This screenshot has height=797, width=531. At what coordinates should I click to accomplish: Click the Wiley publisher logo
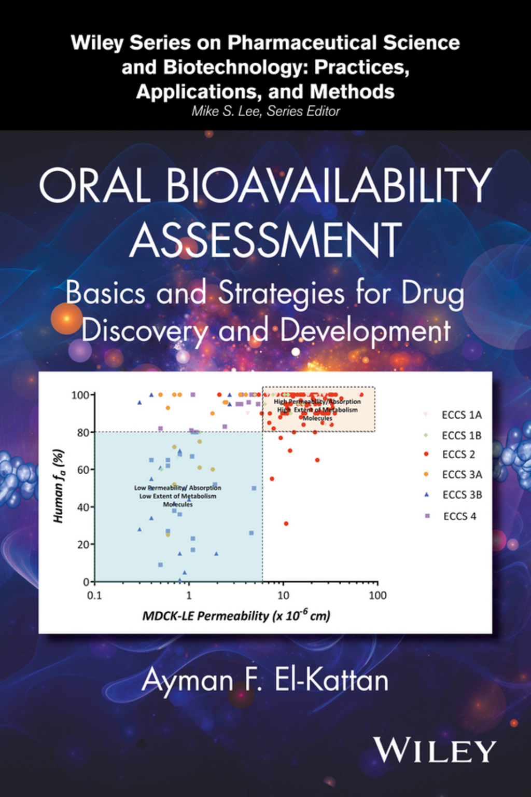click(435, 750)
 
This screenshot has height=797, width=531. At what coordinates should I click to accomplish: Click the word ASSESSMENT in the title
click(265, 240)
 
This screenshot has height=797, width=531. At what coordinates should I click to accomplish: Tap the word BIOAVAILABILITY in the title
click(329, 185)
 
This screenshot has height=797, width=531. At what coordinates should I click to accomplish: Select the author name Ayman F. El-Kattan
click(265, 680)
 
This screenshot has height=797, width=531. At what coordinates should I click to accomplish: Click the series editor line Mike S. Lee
click(265, 111)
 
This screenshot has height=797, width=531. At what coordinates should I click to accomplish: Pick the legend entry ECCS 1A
click(461, 415)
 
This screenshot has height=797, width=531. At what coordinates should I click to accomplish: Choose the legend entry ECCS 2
click(458, 455)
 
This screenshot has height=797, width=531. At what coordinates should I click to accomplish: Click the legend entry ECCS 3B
click(462, 495)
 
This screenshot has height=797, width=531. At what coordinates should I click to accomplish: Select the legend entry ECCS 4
click(459, 516)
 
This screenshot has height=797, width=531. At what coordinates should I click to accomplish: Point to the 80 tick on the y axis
click(83, 432)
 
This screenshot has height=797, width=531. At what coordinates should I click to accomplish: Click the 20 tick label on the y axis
click(83, 544)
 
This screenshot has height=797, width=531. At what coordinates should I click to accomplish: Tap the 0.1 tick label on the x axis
click(94, 596)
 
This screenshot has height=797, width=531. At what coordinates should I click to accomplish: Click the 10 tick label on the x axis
click(283, 596)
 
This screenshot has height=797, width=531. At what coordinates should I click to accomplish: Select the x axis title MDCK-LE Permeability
click(236, 616)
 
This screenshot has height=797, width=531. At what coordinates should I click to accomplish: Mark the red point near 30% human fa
click(286, 524)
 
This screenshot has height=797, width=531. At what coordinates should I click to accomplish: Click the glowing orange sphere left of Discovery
click(66, 319)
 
